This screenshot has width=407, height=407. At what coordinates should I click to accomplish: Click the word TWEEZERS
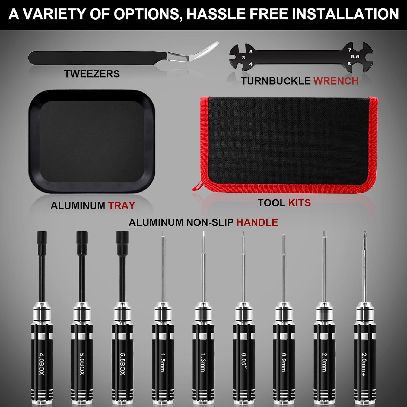point(92,74)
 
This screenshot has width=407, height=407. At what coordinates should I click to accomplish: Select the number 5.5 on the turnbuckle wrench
point(355,56)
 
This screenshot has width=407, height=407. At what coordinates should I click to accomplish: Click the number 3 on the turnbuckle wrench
point(243,58)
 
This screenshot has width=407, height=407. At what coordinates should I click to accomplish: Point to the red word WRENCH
point(336,81)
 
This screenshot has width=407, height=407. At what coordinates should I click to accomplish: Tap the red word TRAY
point(122,205)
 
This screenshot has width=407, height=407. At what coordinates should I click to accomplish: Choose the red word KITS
point(300,203)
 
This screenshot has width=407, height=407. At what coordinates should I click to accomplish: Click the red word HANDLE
point(257,222)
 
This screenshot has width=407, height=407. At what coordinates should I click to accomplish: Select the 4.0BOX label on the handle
point(42,364)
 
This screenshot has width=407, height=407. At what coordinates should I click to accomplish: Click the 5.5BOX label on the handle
point(123,364)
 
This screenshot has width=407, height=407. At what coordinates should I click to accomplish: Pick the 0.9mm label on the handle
point(284,362)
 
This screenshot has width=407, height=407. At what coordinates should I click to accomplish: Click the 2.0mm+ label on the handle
point(364,364)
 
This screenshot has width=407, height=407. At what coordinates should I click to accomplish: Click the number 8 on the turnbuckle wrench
point(349,64)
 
